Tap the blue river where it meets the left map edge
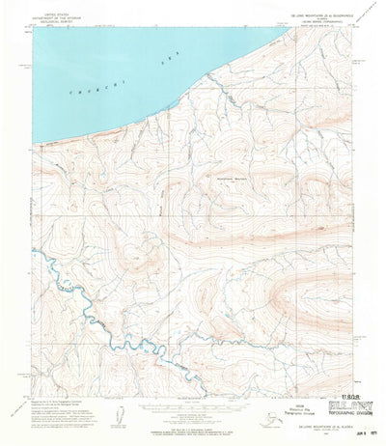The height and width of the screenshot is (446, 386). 33,253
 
